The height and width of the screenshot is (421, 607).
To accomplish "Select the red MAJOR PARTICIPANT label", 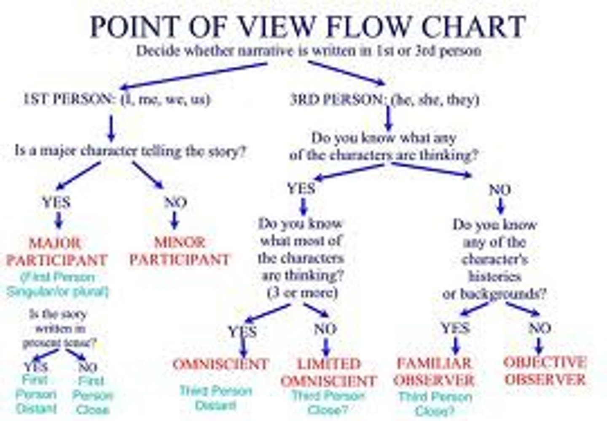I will [x=56, y=252].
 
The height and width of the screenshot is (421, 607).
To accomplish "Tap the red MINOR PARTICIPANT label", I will [x=180, y=251].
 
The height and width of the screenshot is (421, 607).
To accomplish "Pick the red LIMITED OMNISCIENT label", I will [x=328, y=372].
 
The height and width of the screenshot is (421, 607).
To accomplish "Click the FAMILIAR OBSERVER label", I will [x=434, y=372].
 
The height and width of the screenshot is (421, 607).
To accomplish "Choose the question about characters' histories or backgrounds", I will [x=494, y=259].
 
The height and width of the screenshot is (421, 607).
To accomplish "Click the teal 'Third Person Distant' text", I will [x=216, y=398].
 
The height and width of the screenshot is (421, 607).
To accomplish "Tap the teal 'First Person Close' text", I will [x=92, y=395].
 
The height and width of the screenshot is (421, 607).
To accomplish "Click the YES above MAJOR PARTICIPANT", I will [x=56, y=202].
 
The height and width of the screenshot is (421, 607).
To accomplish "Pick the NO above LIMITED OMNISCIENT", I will [x=325, y=329].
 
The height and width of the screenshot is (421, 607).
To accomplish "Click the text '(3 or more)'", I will [x=302, y=293].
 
